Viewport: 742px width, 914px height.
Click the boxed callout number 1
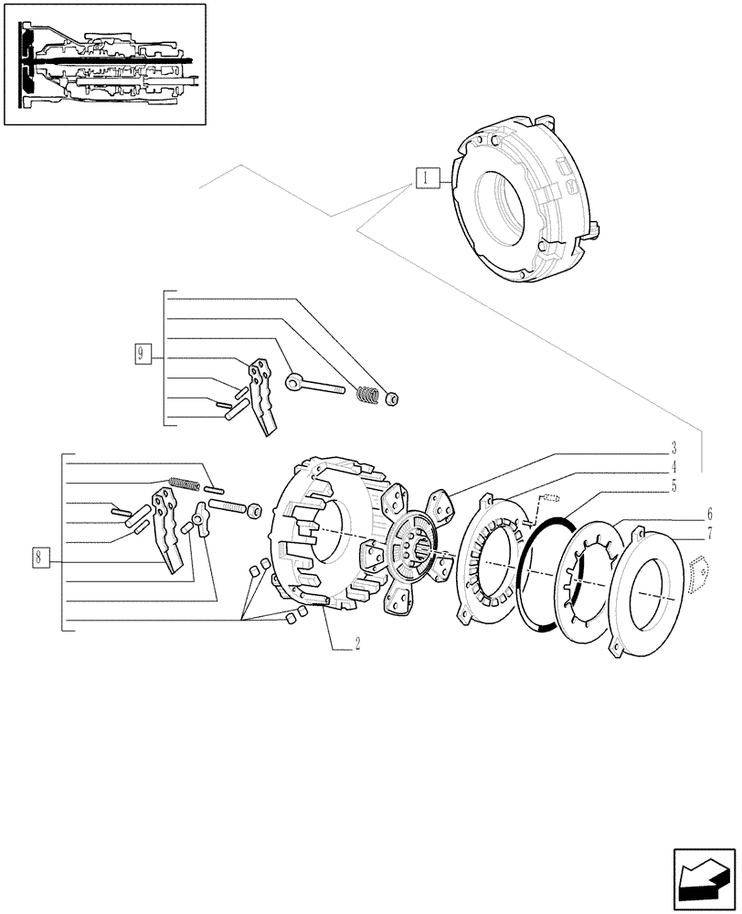[x=427, y=178]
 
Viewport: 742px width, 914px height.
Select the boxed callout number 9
[x=141, y=354]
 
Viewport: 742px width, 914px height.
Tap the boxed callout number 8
[x=39, y=556]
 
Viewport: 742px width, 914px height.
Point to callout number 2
[x=357, y=643]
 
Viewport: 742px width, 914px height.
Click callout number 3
[x=673, y=448]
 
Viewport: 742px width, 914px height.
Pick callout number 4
[x=673, y=467]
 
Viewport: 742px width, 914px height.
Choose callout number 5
[x=673, y=487]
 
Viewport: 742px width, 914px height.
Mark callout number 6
[x=708, y=514]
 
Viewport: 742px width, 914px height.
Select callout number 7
[x=708, y=532]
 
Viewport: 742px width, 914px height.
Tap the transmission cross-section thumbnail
[x=105, y=64]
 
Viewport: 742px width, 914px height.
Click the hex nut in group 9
[x=391, y=398]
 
